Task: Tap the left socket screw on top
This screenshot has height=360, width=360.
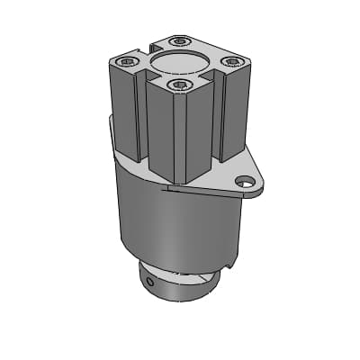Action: [126, 61]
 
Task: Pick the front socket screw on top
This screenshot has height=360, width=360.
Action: [181, 85]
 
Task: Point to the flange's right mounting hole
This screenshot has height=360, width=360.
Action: [243, 183]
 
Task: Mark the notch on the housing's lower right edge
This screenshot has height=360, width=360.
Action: [233, 262]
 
